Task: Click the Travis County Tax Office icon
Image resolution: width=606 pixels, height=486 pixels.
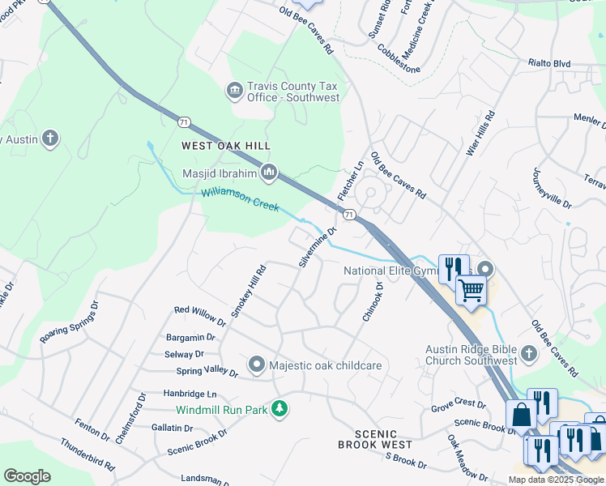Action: coord(235,89)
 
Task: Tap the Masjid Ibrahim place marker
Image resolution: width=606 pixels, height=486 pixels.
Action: coord(269,173)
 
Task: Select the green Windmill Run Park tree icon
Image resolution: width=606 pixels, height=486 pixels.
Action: coord(280,409)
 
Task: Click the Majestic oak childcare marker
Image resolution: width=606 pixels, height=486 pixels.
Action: coord(257,365)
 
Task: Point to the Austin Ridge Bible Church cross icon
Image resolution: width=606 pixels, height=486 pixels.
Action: coord(528,353)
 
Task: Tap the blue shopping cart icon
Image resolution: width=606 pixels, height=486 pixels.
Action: coord(471,290)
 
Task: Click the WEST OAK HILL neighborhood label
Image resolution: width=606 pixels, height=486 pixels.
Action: coord(224,146)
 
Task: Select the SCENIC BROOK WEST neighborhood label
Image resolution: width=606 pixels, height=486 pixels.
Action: coord(375,445)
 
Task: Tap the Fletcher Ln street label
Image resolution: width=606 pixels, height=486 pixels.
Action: coord(350,182)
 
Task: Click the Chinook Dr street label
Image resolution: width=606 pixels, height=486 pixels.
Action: coord(371,301)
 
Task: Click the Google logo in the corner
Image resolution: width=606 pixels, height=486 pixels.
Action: coord(27,476)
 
